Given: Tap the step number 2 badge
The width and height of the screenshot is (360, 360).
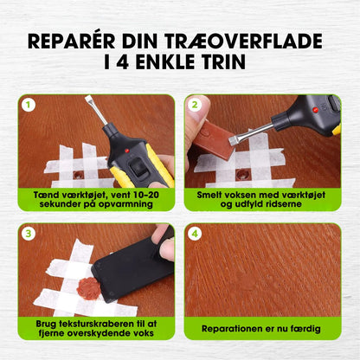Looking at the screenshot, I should tap(195, 105).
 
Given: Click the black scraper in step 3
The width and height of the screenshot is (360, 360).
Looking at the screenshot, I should tap(130, 268).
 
